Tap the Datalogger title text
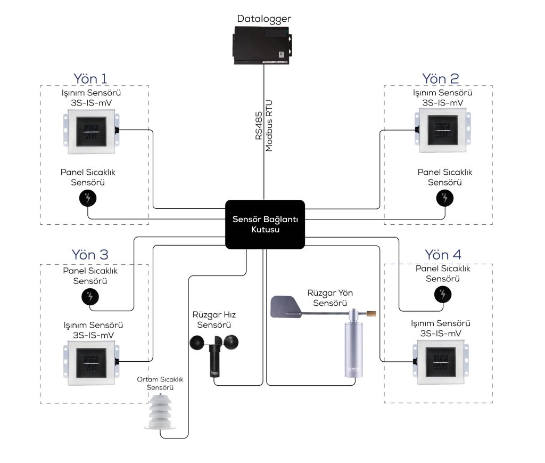click(x=264, y=19)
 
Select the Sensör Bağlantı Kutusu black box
click(x=265, y=224)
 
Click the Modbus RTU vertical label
click(x=269, y=128)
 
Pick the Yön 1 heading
click(x=94, y=78)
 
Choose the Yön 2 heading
click(x=440, y=78)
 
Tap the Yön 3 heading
click(x=90, y=255)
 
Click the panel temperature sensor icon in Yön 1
click(x=88, y=198)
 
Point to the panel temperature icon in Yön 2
click(x=445, y=198)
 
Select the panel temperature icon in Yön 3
click(x=90, y=296)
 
